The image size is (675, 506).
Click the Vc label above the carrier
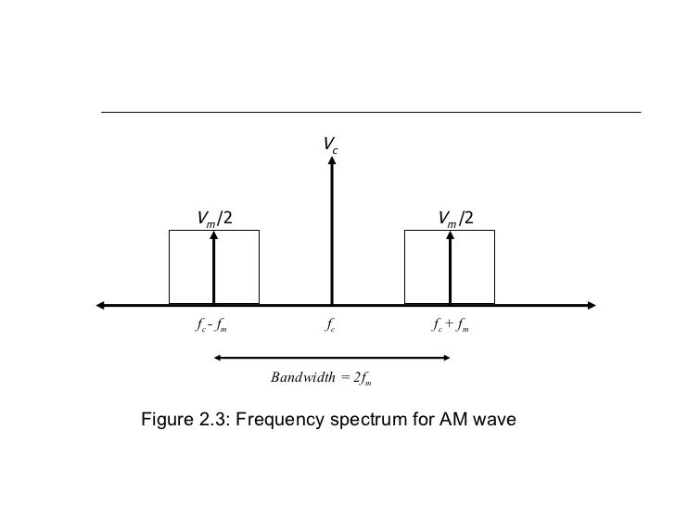pos(331,144)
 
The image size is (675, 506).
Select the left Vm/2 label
pos(214,218)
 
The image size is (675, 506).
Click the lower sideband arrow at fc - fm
pos(214,269)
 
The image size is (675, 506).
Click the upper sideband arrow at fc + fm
pos(450,269)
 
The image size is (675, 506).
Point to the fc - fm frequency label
pos(212,325)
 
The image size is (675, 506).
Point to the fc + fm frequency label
pos(450,325)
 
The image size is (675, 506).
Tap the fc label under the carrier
pos(331,325)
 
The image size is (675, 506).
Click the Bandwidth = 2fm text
pos(321,377)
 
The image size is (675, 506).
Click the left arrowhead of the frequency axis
pos(100,304)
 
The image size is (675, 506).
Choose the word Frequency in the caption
pos(277,422)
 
